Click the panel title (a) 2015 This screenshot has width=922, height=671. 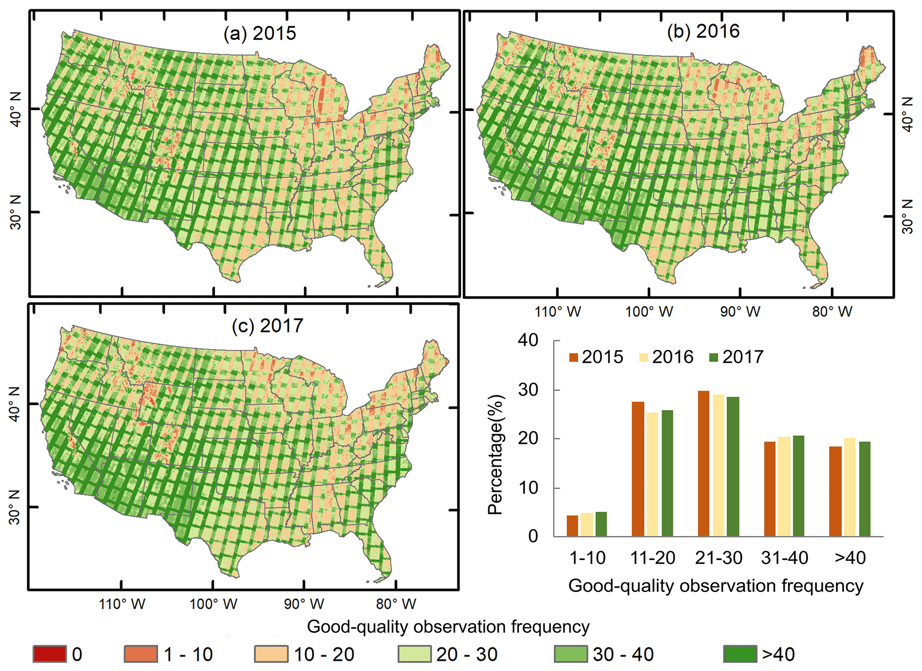[260, 34]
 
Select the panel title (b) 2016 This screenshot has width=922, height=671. [703, 31]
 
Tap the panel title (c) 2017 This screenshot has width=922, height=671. [267, 326]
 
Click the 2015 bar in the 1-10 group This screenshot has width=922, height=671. [572, 526]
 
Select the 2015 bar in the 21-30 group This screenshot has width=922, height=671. [703, 463]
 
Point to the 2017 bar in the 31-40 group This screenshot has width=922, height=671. [798, 486]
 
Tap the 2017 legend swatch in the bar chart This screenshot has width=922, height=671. [713, 358]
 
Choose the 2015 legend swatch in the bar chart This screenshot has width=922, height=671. [574, 358]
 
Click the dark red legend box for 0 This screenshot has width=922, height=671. [50, 654]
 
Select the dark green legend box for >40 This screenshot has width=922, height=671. [740, 654]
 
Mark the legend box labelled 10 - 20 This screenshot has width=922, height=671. [271, 654]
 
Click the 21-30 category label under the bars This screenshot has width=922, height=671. [718, 558]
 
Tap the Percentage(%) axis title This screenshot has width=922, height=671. [496, 455]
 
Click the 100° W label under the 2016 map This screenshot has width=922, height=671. [649, 312]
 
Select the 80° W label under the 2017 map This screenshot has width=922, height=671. [396, 604]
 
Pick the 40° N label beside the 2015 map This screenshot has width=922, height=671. [16, 109]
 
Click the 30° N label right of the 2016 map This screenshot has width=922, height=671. [907, 217]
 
